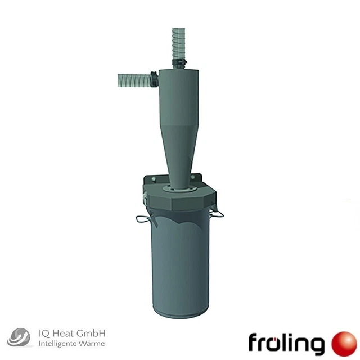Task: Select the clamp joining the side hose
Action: pyautogui.click(x=152, y=79)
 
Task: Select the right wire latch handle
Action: pyautogui.click(x=217, y=213)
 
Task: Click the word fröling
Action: pyautogui.click(x=286, y=343)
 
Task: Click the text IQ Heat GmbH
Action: pyautogui.click(x=72, y=333)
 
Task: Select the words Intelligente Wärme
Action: pyautogui.click(x=72, y=344)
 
